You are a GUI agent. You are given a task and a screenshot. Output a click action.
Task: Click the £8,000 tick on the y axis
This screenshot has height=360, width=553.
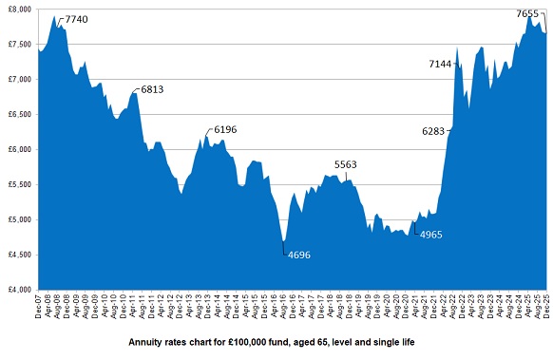19,9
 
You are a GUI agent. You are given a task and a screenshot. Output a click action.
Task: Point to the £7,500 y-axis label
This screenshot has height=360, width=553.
19,44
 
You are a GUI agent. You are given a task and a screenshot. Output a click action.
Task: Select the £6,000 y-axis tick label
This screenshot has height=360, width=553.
19,149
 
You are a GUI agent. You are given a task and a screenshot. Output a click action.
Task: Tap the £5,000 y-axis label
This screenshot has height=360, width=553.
19,219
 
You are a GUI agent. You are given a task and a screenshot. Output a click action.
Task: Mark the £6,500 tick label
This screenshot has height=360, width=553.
19,114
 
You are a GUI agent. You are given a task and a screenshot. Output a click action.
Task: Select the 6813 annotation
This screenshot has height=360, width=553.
152,89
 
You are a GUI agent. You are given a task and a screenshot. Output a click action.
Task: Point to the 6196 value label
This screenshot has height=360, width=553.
226,128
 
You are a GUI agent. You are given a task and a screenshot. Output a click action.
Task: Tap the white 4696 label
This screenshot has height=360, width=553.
299,255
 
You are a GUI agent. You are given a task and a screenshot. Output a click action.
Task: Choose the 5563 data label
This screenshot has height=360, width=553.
346,164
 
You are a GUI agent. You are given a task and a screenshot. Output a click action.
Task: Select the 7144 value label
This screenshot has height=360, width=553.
441,64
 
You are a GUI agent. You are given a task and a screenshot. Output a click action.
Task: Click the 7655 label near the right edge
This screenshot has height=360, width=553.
527,13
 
